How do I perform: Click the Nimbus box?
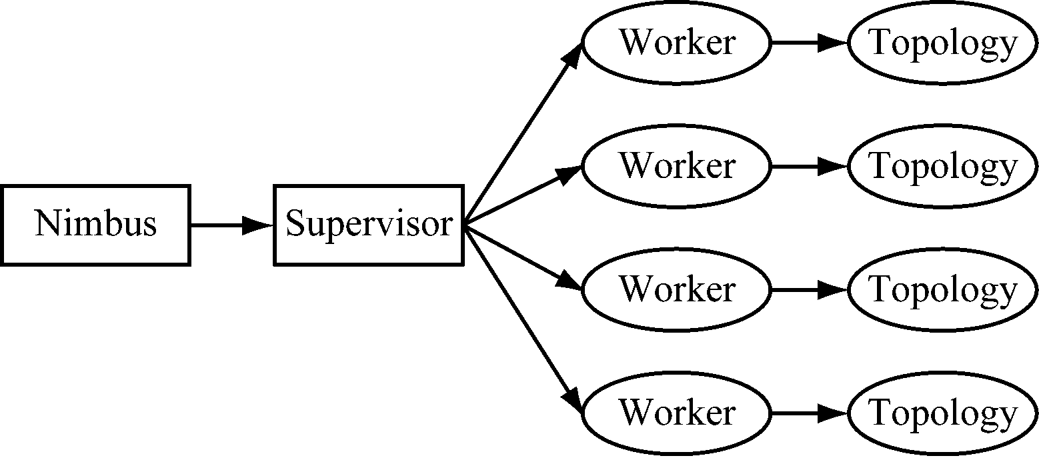tap(95, 225)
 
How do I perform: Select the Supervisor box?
tap(368, 225)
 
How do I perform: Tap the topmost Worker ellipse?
tap(676, 43)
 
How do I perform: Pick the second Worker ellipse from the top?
tap(676, 167)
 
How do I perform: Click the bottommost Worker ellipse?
tap(676, 413)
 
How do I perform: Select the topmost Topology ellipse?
tap(943, 43)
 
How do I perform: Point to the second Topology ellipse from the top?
tap(943, 167)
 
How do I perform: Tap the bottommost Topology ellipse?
tap(943, 413)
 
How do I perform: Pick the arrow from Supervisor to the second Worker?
tap(520, 197)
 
